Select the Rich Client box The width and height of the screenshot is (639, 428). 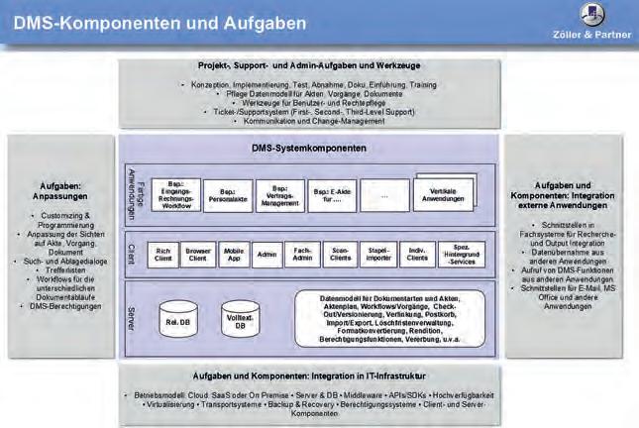pyautogui.click(x=163, y=255)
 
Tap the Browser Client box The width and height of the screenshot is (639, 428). pyautogui.click(x=199, y=255)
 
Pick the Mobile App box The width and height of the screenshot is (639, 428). pyautogui.click(x=234, y=255)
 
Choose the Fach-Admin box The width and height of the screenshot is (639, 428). pyautogui.click(x=303, y=255)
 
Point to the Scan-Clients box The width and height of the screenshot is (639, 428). pyautogui.click(x=340, y=255)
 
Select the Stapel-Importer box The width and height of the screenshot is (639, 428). pyautogui.click(x=376, y=255)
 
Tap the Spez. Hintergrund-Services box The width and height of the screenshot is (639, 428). pyautogui.click(x=462, y=255)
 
